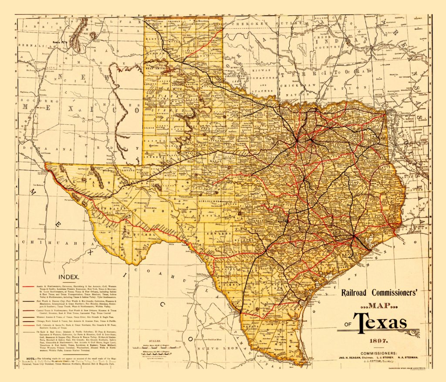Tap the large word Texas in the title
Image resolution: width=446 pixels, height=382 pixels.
(380, 323)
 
